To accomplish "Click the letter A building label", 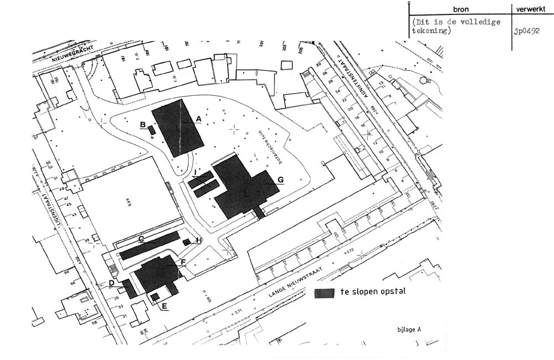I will pyautogui.click(x=198, y=118).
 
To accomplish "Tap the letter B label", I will pyautogui.click(x=142, y=125).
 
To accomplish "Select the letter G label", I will pyautogui.click(x=280, y=179).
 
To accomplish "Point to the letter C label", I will pyautogui.click(x=141, y=239).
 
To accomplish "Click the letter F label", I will pyautogui.click(x=183, y=261).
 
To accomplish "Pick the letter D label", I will pyautogui.click(x=112, y=283).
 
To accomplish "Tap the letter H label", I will pyautogui.click(x=199, y=239).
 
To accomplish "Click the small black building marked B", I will pyautogui.click(x=152, y=130).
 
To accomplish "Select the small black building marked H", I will pyautogui.click(x=187, y=241).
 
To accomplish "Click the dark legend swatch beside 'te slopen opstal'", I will pyautogui.click(x=325, y=292).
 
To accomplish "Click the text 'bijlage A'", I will pyautogui.click(x=409, y=328).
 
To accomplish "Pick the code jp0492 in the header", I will pyautogui.click(x=526, y=31).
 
